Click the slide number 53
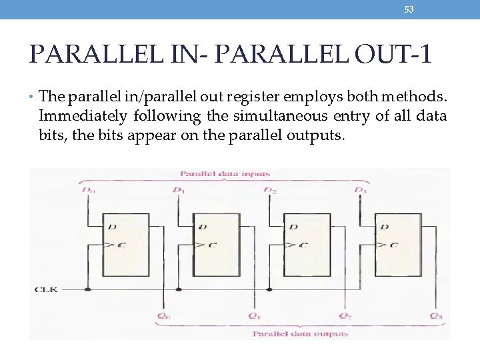click(409, 9)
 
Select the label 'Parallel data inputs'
click(225, 174)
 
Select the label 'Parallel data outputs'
click(299, 333)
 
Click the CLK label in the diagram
click(46, 289)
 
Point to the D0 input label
click(87, 190)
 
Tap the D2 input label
click(269, 190)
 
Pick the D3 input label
click(360, 190)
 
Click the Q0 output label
click(163, 315)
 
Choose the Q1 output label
click(253, 315)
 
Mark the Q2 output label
click(345, 315)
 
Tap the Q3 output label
click(435, 315)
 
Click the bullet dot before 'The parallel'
click(33, 97)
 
